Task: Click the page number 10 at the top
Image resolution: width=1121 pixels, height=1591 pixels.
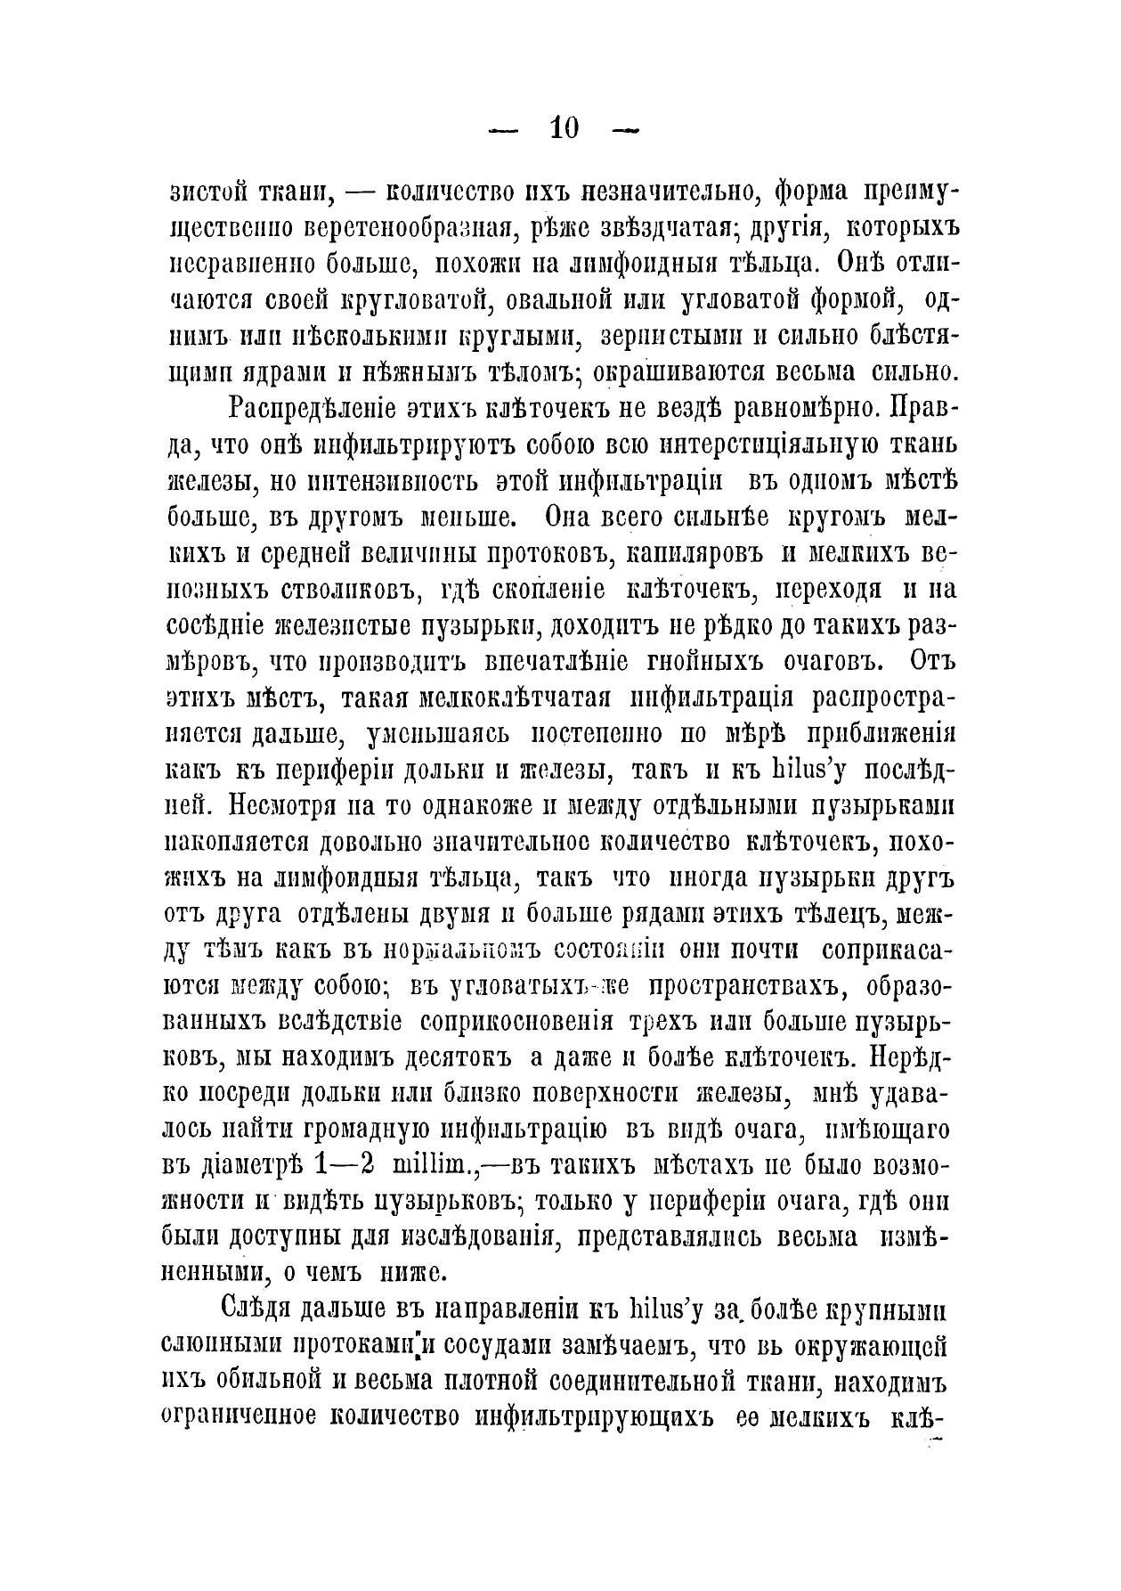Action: click(565, 128)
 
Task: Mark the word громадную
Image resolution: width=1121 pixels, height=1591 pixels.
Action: click(361, 1132)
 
